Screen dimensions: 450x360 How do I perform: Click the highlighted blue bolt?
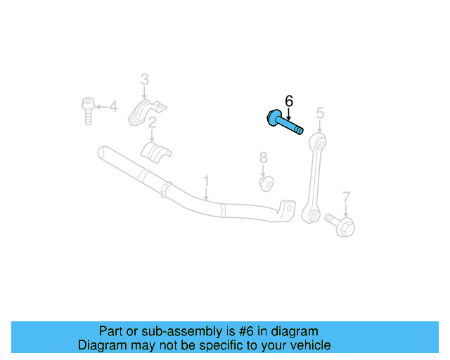point(285,123)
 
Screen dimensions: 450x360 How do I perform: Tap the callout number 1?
point(206,181)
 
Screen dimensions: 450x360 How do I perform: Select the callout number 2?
point(151,122)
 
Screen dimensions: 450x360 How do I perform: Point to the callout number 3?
point(144,79)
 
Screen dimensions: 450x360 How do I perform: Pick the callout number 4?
point(113,107)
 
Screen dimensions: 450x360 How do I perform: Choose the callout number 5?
point(320,112)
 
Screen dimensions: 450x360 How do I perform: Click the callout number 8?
point(263,157)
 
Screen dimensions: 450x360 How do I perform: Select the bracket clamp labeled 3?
point(147,112)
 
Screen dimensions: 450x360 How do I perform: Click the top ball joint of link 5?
point(320,143)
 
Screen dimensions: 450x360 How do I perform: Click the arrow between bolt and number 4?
point(101,107)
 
